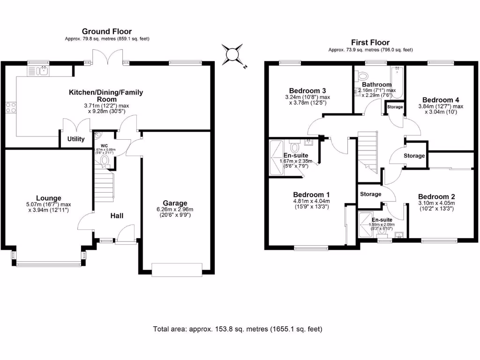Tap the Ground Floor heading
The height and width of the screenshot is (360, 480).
tap(107, 31)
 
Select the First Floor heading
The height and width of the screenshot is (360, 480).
tap(370, 43)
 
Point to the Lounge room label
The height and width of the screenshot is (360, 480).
tap(49, 198)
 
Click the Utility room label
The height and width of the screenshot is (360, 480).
tap(76, 139)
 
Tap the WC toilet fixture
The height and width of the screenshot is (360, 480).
tap(105, 162)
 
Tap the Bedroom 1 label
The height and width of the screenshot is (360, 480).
tap(311, 195)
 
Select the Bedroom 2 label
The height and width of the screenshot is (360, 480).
tap(436, 196)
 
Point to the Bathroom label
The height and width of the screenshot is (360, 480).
tap(376, 85)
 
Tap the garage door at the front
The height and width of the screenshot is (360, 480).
tap(177, 270)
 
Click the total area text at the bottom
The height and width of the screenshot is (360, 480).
tap(238, 329)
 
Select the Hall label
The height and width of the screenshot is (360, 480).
tap(117, 216)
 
